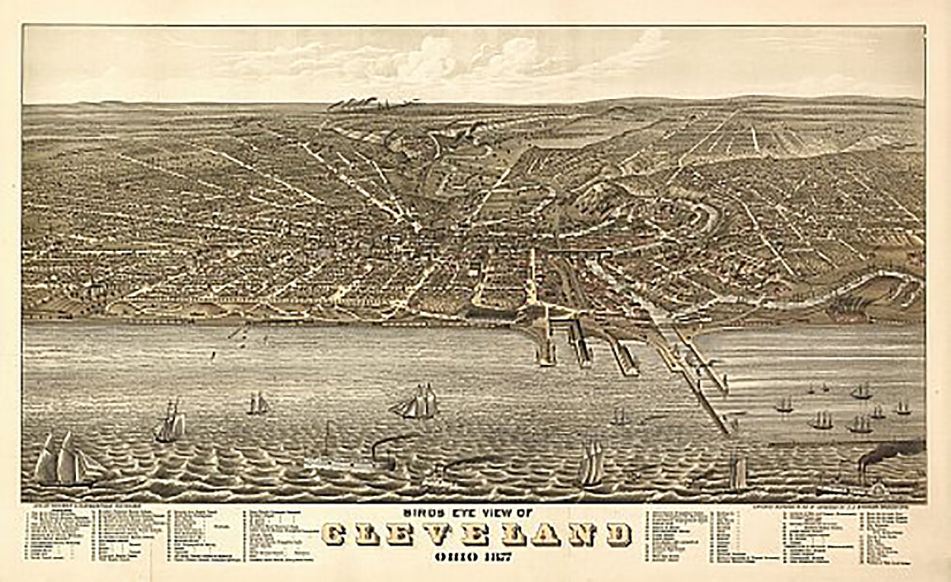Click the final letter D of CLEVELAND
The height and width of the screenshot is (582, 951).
619,535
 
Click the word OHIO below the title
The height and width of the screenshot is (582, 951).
454,557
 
